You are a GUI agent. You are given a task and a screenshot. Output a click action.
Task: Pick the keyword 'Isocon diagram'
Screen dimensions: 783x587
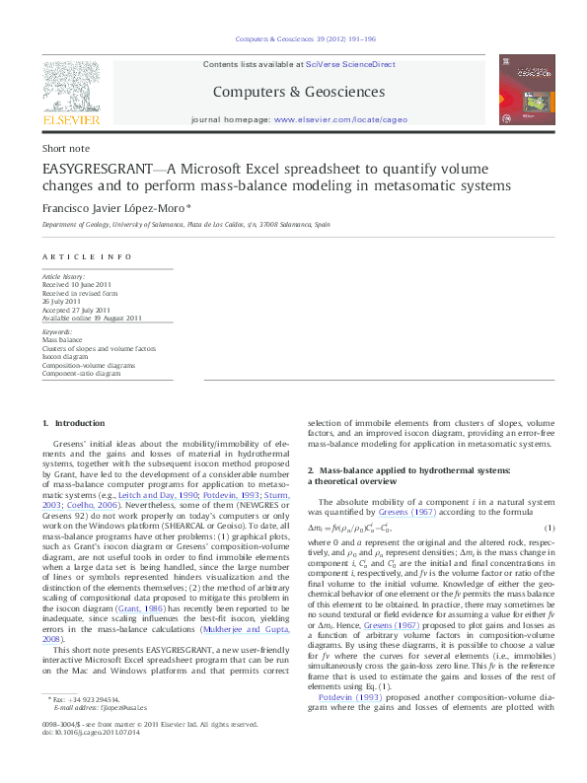coord(67,355)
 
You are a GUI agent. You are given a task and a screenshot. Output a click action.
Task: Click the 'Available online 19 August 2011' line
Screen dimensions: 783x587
coord(93,318)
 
